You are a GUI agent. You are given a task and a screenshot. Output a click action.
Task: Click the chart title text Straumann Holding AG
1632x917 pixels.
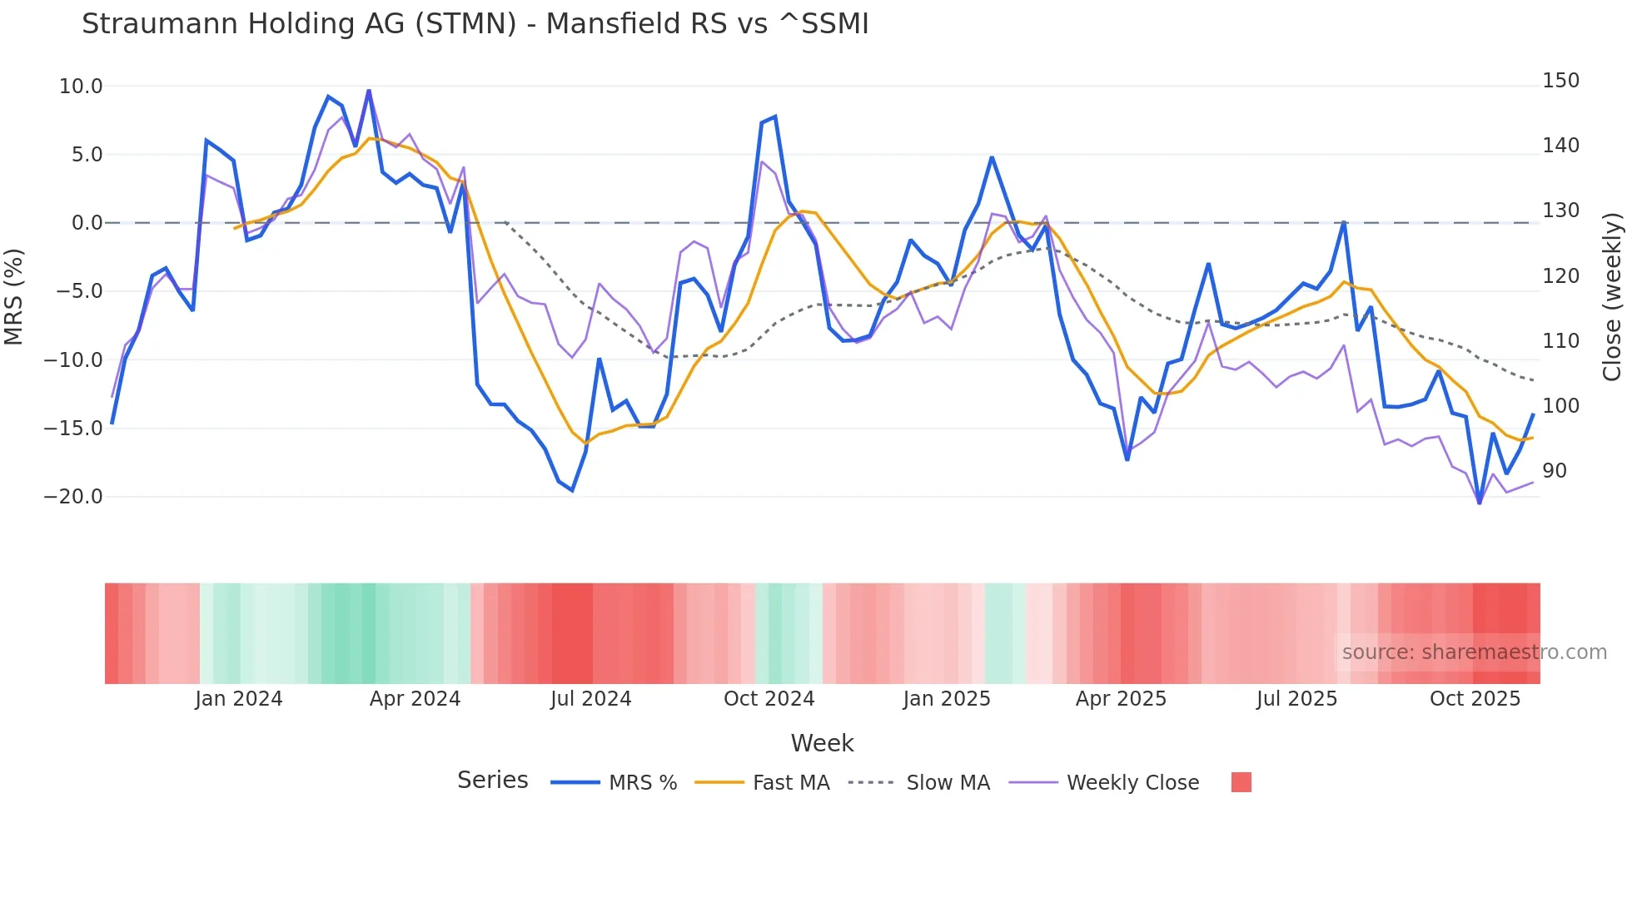pyautogui.click(x=475, y=24)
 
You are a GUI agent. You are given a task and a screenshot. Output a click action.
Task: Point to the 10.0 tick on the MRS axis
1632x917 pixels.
pyautogui.click(x=81, y=87)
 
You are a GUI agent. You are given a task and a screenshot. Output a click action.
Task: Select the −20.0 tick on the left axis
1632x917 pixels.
pyautogui.click(x=73, y=497)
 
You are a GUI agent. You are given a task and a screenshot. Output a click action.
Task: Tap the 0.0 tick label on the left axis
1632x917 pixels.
pyautogui.click(x=87, y=223)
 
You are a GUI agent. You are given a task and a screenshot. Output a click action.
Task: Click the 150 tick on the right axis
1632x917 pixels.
pyautogui.click(x=1560, y=81)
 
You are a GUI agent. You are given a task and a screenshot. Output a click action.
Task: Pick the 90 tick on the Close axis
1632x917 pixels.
pyautogui.click(x=1554, y=471)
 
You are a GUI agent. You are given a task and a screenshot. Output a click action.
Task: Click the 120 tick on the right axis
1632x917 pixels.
pyautogui.click(x=1560, y=276)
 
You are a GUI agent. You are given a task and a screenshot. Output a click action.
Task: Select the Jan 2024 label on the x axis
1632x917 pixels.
pyautogui.click(x=239, y=699)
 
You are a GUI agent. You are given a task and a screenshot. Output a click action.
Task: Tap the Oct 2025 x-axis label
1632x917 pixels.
pyautogui.click(x=1475, y=699)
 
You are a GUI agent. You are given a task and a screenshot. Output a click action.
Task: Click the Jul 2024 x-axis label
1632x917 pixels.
pyautogui.click(x=590, y=699)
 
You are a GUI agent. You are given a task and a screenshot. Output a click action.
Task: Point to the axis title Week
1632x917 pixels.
pyautogui.click(x=822, y=743)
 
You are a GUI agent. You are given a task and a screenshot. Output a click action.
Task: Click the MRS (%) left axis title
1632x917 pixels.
pyautogui.click(x=13, y=296)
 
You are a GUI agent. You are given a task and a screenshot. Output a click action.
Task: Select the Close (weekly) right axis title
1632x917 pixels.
pyautogui.click(x=1612, y=296)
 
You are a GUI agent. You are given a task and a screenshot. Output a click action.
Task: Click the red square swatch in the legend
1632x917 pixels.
pyautogui.click(x=1241, y=782)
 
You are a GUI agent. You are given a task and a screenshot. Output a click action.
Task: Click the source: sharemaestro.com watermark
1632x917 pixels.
pyautogui.click(x=1474, y=652)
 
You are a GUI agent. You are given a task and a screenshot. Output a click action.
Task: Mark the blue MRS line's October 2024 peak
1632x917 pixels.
pyautogui.click(x=775, y=116)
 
